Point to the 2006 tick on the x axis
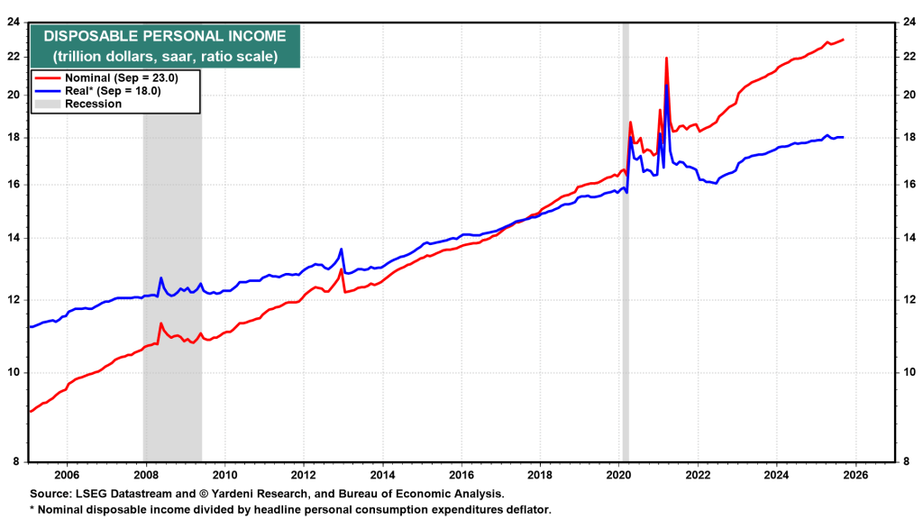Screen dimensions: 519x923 coord(66,475)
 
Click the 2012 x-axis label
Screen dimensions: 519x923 coord(303,475)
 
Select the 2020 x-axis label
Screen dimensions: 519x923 coord(619,475)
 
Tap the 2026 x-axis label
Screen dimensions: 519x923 coord(855,475)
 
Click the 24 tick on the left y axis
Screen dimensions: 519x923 coord(14,23)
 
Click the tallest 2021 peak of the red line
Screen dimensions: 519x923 coord(666,58)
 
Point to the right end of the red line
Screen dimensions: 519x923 coord(843,40)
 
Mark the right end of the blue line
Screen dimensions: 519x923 coord(843,137)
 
